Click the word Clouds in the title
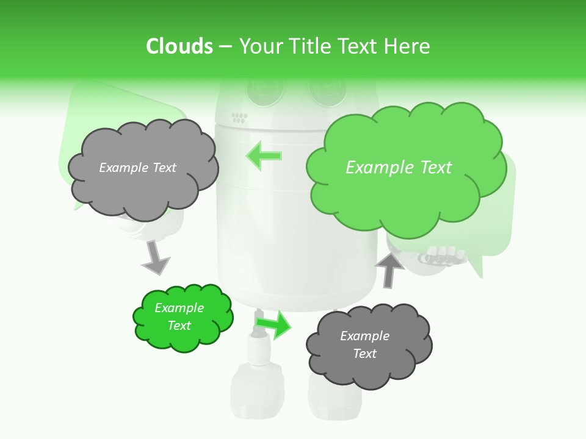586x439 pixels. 179,46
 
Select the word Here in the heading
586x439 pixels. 407,46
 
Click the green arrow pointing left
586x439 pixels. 264,155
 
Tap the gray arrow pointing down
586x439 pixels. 155,258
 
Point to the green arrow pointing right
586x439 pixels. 274,324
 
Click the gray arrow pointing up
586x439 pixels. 389,269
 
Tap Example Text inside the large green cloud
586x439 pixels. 399,168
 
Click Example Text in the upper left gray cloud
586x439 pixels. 137,168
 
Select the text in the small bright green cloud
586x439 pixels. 179,316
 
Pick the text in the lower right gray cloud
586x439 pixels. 364,344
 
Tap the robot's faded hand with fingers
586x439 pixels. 440,255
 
